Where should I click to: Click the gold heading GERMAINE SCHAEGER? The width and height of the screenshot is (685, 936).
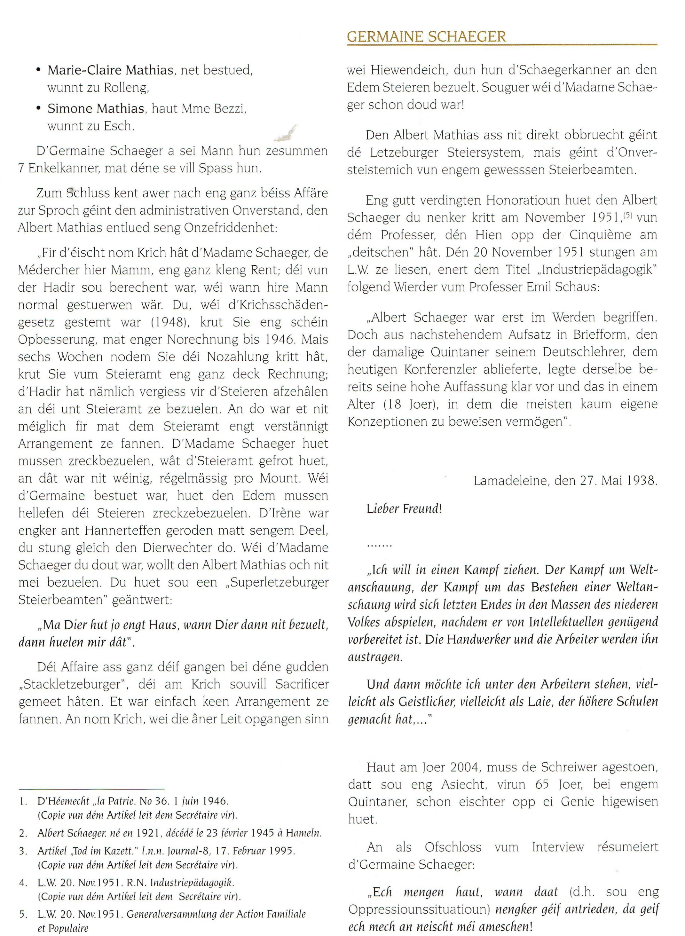click(426, 36)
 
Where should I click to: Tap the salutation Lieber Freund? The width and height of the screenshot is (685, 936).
click(404, 509)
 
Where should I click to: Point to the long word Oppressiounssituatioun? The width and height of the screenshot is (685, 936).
click(419, 909)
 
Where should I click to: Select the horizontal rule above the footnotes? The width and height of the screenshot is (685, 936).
click(92, 789)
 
